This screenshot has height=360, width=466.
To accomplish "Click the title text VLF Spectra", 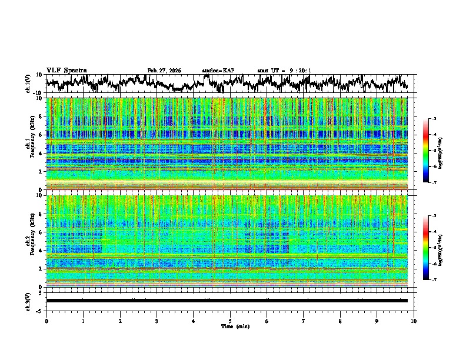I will point(66,70).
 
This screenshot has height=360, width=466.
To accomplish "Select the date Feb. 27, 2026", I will point(164,71).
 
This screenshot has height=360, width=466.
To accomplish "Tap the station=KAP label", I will point(218,71).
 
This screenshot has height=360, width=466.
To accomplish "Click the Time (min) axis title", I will point(235,326).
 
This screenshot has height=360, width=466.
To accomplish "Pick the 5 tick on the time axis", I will point(230,321).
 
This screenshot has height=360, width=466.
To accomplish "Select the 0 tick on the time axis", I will point(46,321).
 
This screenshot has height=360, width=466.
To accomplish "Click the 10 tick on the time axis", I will point(414,321).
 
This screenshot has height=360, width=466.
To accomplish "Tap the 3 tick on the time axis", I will point(157,321).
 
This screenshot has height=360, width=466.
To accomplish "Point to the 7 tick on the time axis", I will point(304,321).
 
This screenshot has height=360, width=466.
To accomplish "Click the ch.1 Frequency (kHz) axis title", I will point(29,141).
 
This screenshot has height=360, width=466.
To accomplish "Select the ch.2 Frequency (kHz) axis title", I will point(29,238).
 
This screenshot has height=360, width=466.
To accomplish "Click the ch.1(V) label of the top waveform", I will point(29,84).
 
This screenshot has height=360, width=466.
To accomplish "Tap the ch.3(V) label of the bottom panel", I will point(29,301).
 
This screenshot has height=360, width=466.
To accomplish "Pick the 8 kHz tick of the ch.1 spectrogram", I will point(41,116).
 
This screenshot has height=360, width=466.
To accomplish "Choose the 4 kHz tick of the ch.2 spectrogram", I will point(41,251).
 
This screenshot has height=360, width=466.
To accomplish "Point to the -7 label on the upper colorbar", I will point(434,183).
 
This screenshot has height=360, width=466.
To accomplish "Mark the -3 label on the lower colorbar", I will point(434,216).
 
